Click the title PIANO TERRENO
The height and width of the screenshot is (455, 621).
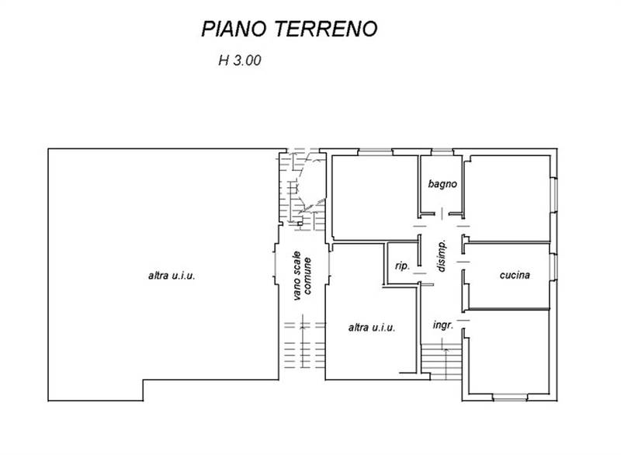click(289, 30)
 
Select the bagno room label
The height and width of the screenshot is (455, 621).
click(442, 185)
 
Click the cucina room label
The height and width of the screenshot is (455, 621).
click(515, 275)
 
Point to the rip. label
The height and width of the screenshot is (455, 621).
click(402, 266)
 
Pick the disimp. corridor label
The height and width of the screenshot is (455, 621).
click(441, 256)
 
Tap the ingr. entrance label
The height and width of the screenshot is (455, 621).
click(442, 325)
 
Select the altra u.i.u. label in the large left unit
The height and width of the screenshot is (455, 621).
click(171, 276)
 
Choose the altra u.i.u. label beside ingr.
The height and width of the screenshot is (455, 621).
click(372, 328)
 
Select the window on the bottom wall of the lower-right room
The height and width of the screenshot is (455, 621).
click(510, 399)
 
